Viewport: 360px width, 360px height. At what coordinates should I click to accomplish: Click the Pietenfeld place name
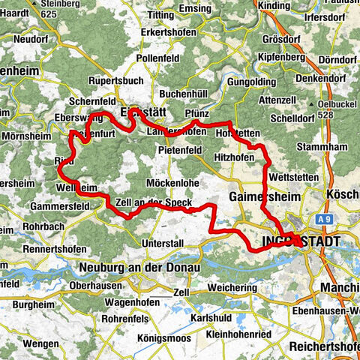point(180,150)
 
